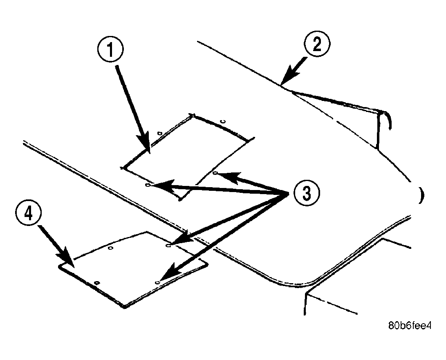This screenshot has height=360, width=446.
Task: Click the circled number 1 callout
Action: click(x=111, y=50)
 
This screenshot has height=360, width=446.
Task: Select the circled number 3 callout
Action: click(x=307, y=193)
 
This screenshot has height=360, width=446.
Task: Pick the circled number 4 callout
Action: click(x=29, y=213)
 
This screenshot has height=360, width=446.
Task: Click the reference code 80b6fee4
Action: click(x=410, y=326)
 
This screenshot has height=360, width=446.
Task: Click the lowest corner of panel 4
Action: click(x=124, y=306)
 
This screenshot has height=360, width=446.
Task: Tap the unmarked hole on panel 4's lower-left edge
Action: click(x=97, y=283)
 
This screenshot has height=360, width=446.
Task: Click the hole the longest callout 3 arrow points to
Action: click(x=157, y=283)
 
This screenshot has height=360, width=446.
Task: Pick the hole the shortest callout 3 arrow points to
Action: click(x=215, y=173)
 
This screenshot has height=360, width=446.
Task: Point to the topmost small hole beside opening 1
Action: click(x=224, y=122)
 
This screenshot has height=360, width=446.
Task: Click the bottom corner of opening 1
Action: click(x=180, y=200)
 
